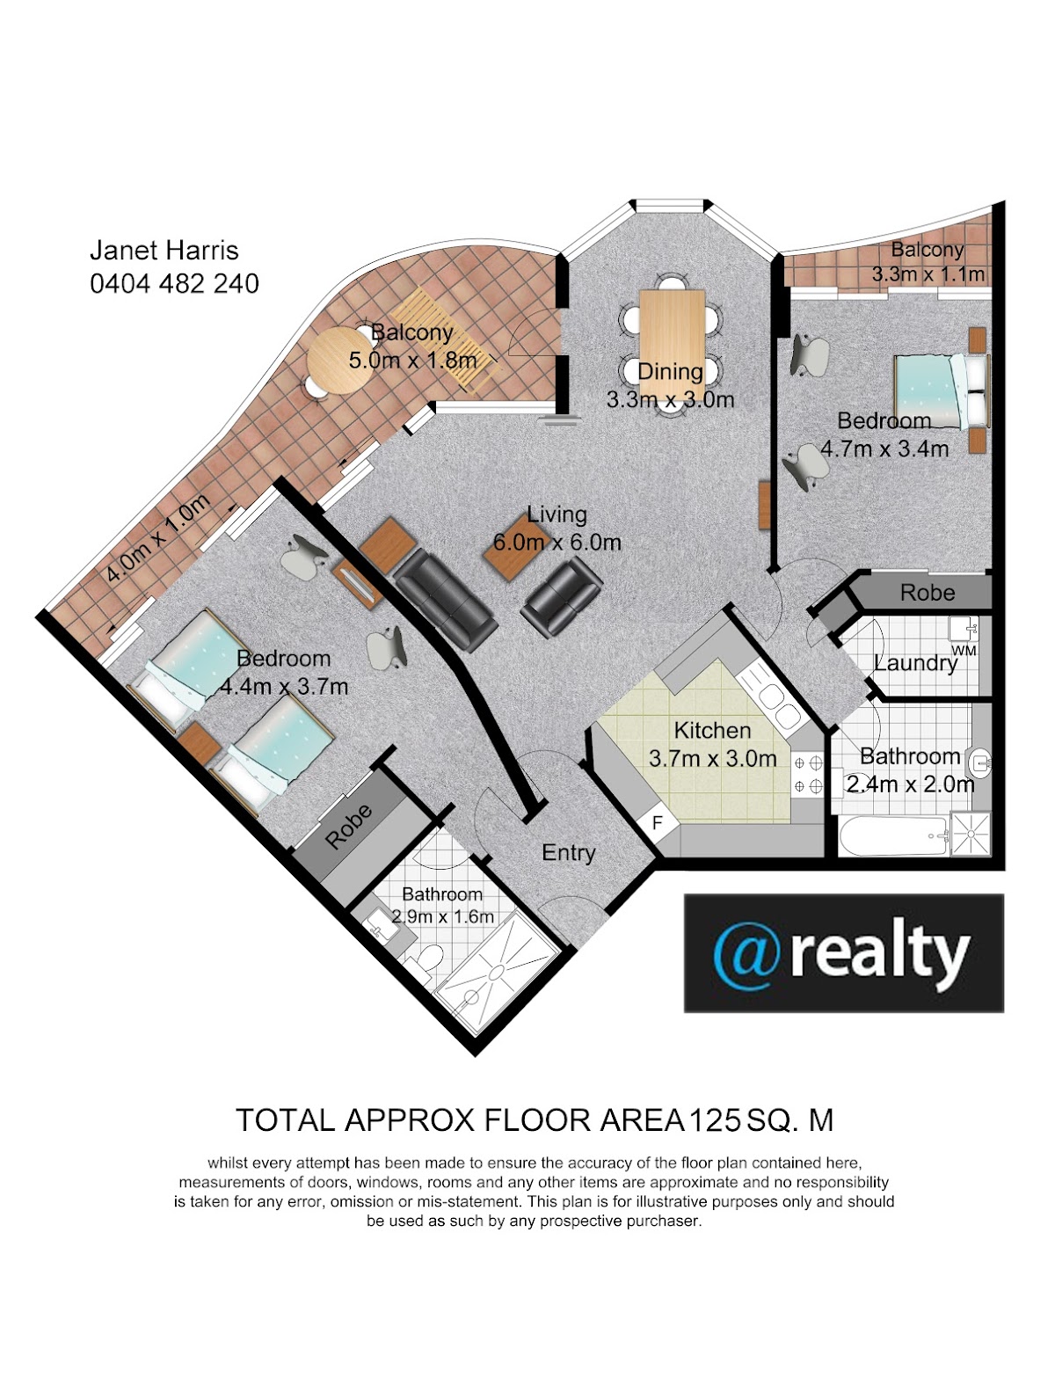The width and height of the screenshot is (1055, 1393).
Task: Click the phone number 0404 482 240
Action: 174,284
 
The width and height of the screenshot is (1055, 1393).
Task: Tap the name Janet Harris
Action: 164,250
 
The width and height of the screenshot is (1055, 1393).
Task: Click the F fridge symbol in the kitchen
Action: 658,823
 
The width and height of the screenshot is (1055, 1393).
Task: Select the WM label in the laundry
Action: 963,651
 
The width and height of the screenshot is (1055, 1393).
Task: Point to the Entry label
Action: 569,853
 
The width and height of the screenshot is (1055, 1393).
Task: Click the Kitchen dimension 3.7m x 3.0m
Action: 712,758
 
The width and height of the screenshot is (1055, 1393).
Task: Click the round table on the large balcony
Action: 339,361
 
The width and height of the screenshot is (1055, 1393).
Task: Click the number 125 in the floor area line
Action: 715,1120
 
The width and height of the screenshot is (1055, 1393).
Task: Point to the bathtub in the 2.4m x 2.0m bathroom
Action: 893,835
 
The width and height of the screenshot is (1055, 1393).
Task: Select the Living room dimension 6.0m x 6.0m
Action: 557,543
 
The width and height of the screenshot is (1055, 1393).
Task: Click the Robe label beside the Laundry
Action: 928,593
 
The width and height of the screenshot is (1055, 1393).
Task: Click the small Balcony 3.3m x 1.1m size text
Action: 928,274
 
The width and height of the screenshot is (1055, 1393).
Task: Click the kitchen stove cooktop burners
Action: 808,775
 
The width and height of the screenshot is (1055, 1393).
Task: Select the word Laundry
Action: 915,664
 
